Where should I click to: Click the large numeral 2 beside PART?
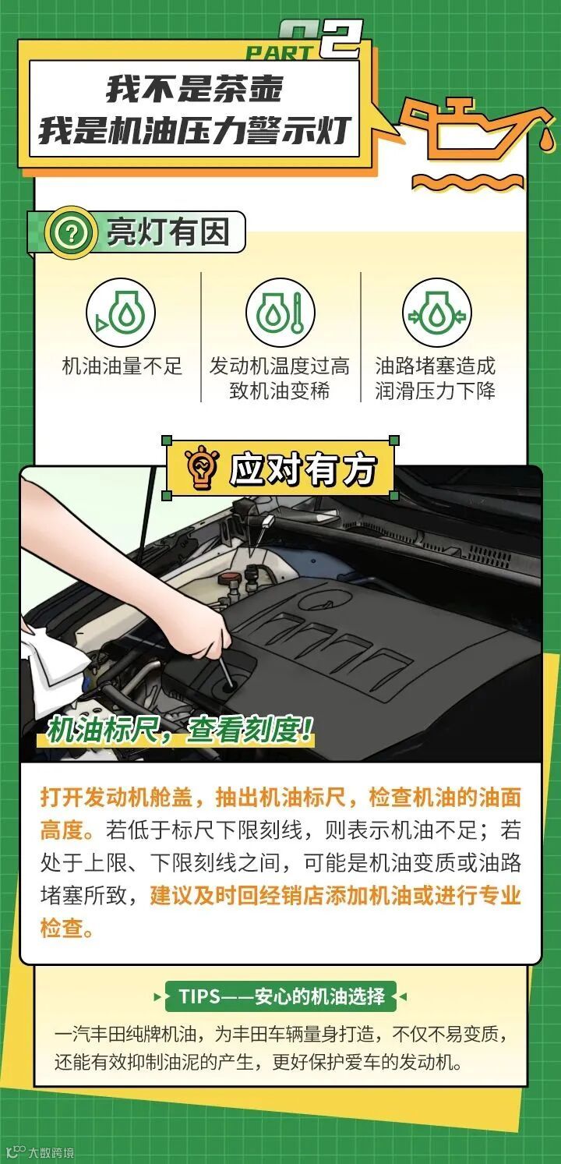click(340, 39)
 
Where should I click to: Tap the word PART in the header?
click(280, 52)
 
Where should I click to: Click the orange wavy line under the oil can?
click(468, 182)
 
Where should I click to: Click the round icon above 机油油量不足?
click(121, 313)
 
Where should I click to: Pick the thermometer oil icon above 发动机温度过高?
click(280, 313)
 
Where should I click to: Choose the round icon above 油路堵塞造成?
click(437, 313)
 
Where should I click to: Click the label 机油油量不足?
click(122, 366)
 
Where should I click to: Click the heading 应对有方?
click(303, 469)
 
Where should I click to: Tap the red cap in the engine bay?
click(228, 578)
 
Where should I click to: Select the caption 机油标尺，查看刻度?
click(180, 730)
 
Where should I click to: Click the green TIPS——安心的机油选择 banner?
click(280, 996)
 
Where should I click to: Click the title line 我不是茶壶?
click(194, 89)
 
